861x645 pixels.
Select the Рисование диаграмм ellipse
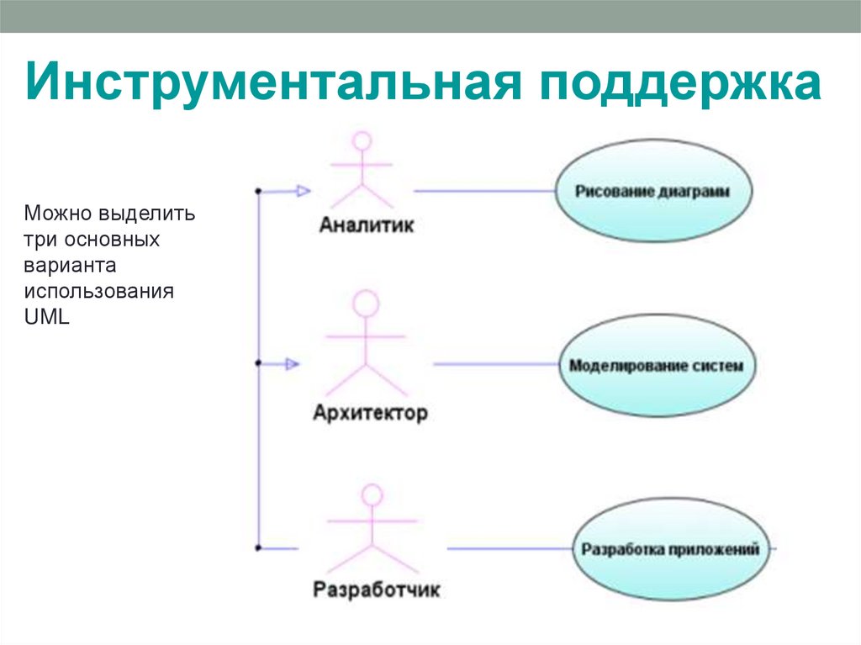(x=652, y=191)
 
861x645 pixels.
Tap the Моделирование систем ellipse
(x=656, y=366)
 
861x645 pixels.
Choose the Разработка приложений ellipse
(x=668, y=549)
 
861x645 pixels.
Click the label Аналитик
(x=367, y=226)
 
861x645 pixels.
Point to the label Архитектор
(x=370, y=414)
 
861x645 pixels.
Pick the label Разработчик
(x=376, y=589)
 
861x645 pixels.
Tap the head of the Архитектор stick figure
(x=366, y=304)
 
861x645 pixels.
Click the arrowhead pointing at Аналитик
(x=304, y=191)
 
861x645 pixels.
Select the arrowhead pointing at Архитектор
(x=292, y=364)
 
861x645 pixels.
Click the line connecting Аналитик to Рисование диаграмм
(x=483, y=191)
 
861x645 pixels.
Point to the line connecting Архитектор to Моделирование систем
(x=496, y=364)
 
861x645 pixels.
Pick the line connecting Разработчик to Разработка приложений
(x=510, y=549)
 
